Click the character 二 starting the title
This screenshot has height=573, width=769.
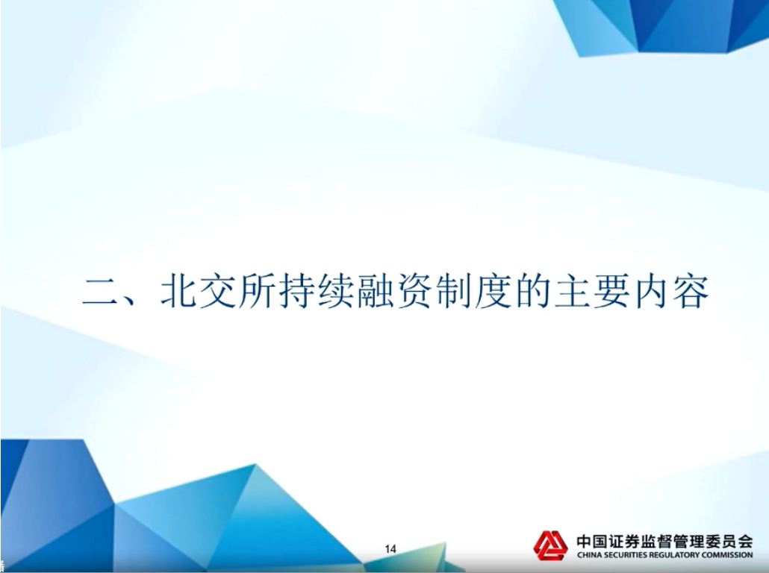pyautogui.click(x=101, y=292)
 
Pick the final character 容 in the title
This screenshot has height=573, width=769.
pyautogui.click(x=691, y=292)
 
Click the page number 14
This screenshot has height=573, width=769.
pyautogui.click(x=390, y=549)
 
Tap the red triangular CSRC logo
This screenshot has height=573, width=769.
pyautogui.click(x=550, y=545)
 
